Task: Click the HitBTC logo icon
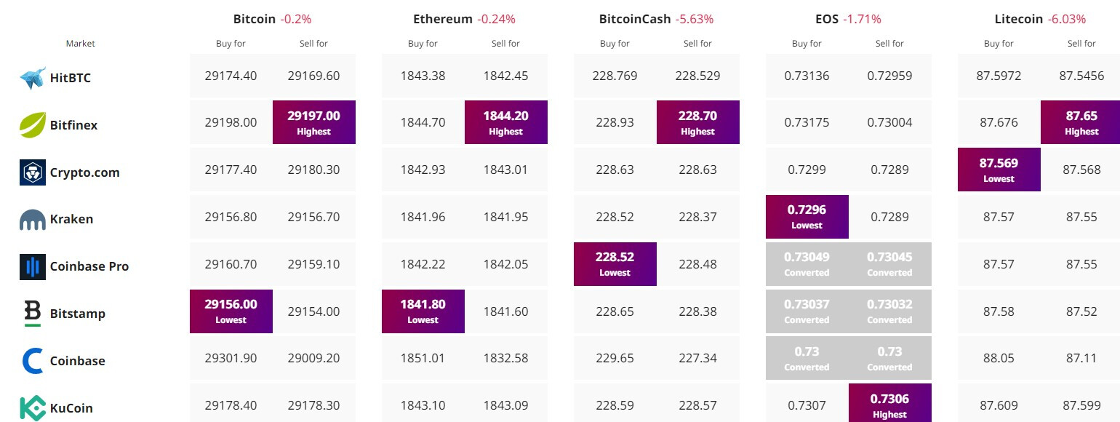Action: [33, 78]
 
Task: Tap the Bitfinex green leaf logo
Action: [33, 125]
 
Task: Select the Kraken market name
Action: [71, 219]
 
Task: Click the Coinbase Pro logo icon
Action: [33, 267]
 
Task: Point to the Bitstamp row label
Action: [77, 314]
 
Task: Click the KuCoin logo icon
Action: [33, 408]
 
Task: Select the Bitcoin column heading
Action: [255, 19]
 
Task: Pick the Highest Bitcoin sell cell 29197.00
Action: [314, 122]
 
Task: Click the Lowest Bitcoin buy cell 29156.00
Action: [231, 311]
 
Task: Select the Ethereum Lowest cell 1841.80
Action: [423, 311]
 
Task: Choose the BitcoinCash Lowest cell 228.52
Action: [615, 263]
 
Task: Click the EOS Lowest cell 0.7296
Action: [807, 216]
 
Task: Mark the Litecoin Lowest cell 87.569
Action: [999, 170]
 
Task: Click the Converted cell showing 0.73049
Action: [807, 263]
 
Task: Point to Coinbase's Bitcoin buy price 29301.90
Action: [231, 358]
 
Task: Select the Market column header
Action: [80, 44]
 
